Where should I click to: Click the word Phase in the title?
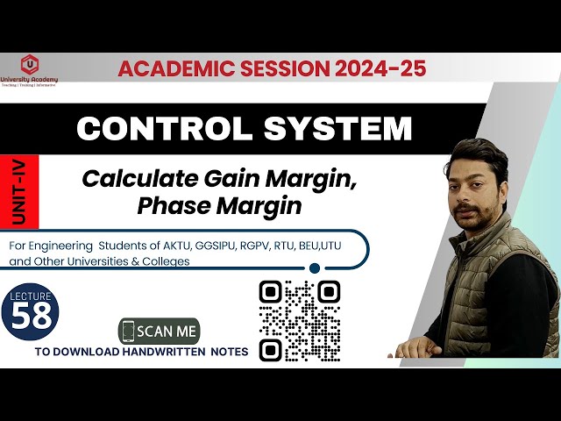[170, 207]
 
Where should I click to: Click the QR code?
[300, 319]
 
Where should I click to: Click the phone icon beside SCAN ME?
[129, 332]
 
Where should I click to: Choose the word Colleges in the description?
[166, 260]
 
